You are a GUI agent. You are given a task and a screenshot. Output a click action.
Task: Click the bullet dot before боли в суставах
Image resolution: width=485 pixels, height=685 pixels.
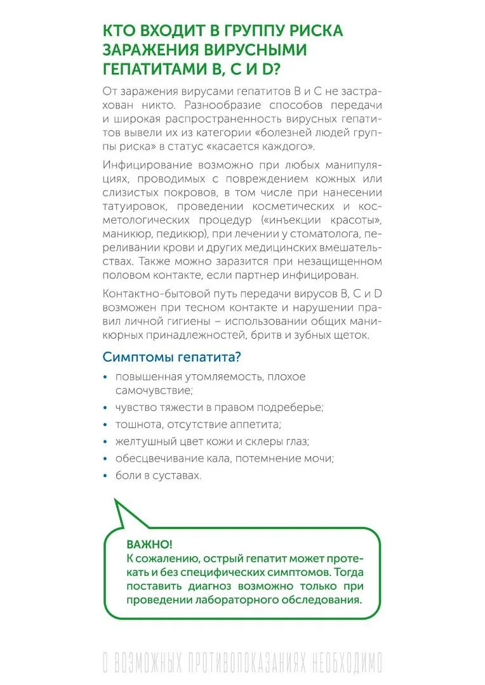click(105, 475)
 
